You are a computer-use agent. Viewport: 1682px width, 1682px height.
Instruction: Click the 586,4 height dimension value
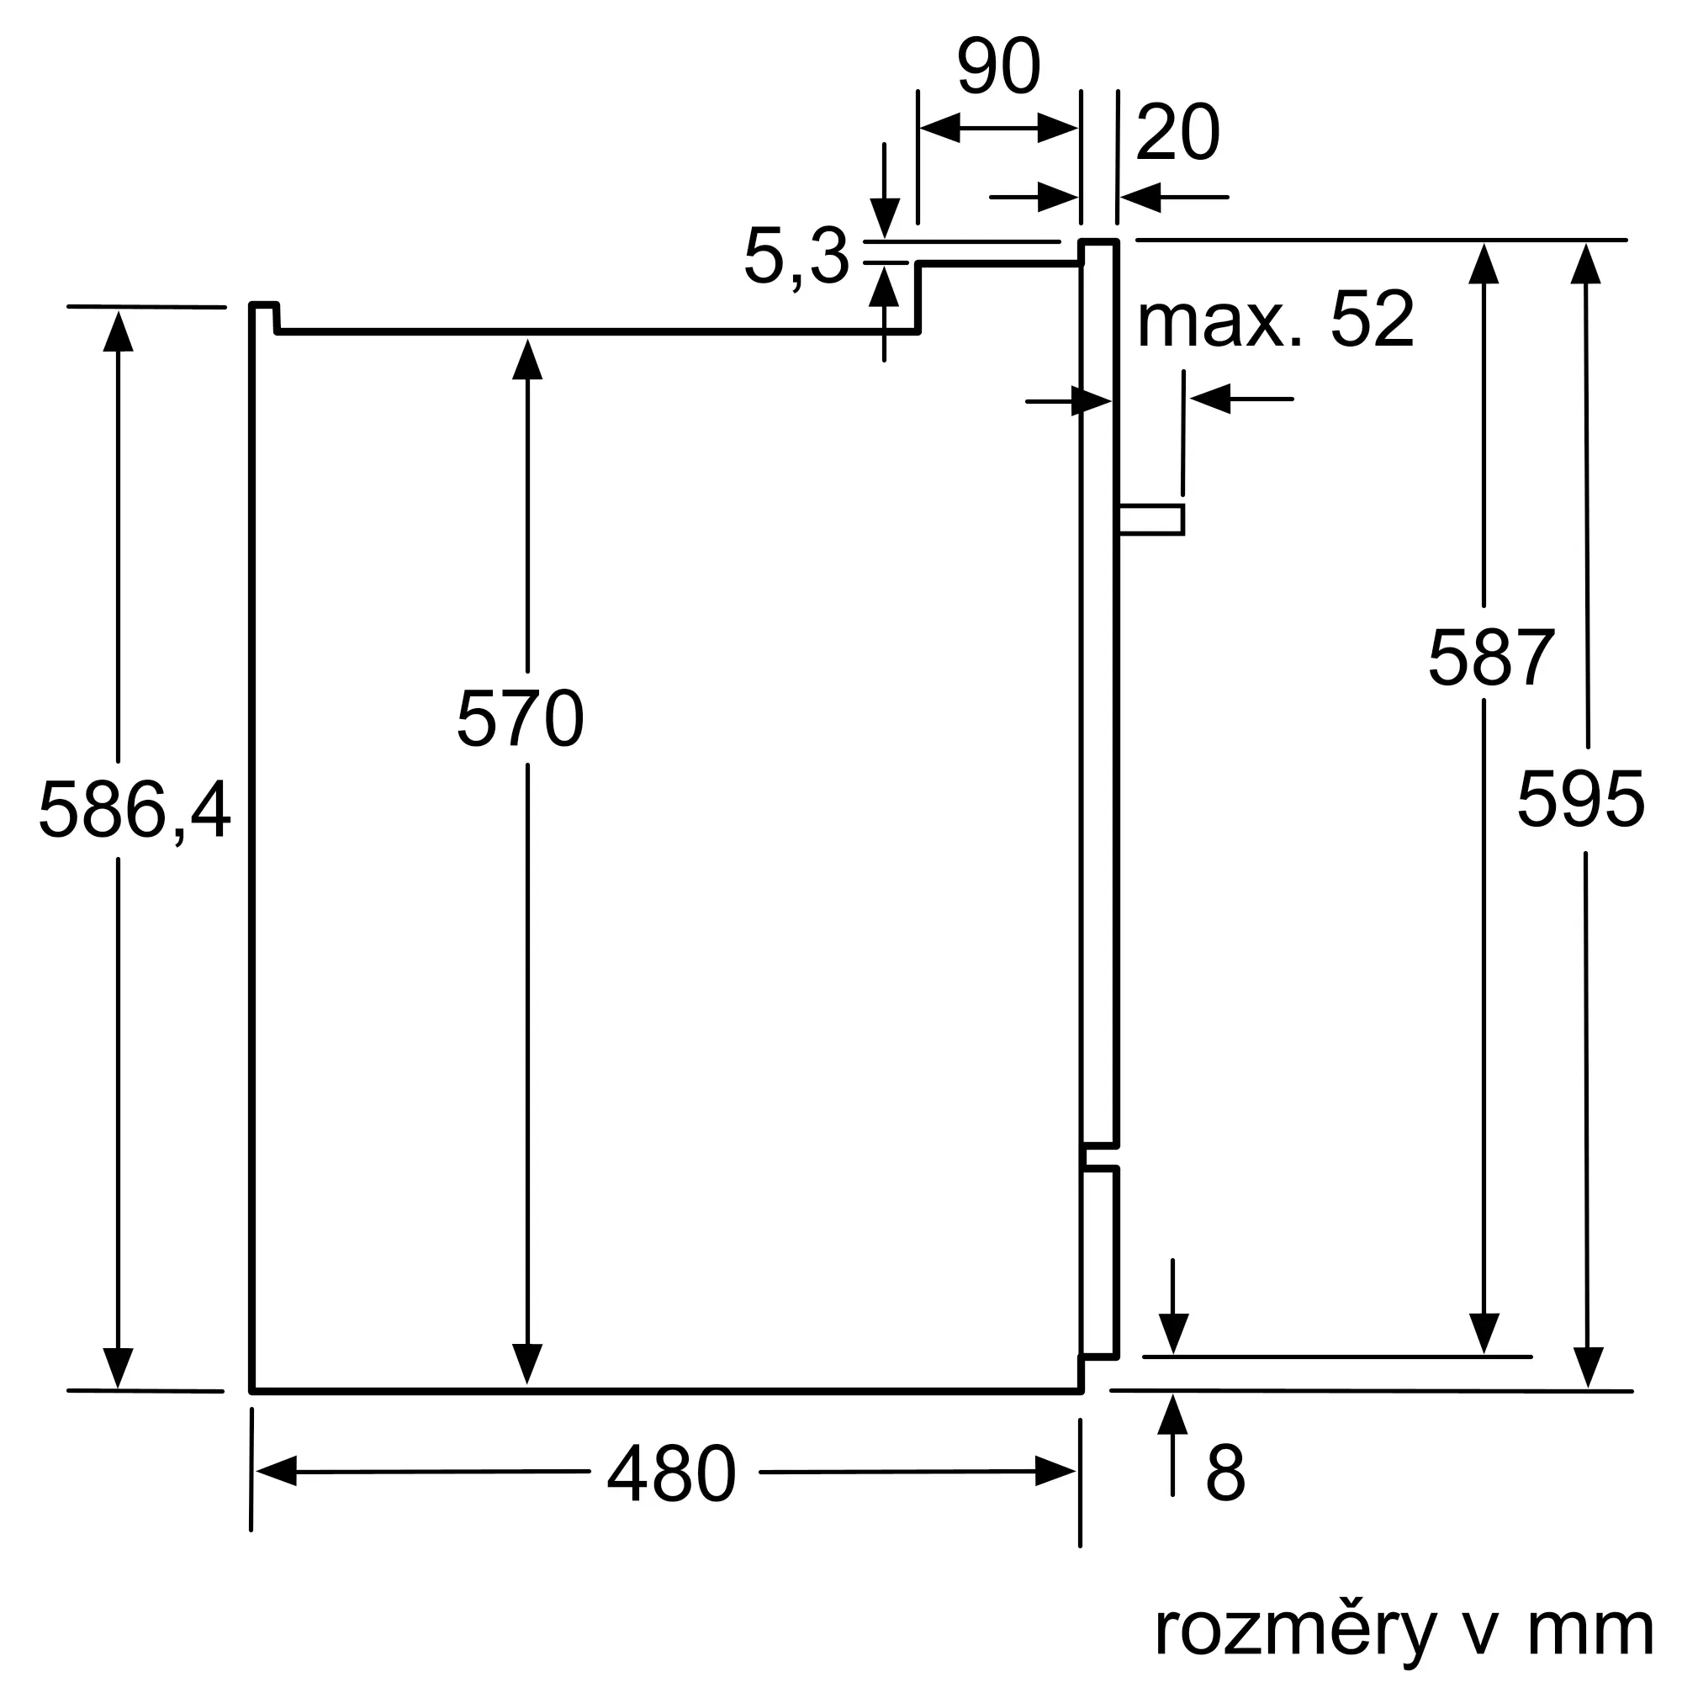coord(134,810)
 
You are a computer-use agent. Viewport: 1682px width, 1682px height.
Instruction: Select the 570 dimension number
coord(520,718)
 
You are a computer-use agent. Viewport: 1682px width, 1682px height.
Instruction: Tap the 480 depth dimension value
coord(671,1473)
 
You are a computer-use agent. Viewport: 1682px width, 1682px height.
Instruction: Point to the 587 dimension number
coord(1490,658)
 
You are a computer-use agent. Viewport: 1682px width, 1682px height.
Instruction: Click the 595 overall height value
coord(1580,799)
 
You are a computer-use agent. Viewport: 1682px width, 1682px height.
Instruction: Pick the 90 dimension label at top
coord(997,66)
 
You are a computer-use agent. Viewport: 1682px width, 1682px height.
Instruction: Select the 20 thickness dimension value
coord(1177,132)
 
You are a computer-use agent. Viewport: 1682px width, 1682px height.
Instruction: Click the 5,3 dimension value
coord(796,257)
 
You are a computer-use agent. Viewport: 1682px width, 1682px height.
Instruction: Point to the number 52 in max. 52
coord(1372,320)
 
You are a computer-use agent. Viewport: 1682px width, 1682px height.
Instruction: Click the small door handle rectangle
coord(1151,519)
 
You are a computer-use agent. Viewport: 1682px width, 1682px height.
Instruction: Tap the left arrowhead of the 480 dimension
coord(276,1470)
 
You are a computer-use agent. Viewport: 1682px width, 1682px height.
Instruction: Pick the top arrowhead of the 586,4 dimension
coord(119,331)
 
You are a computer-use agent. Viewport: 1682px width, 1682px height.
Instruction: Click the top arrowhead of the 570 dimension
coord(527,359)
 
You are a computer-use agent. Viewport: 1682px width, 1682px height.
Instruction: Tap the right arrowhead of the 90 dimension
coord(1058,128)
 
